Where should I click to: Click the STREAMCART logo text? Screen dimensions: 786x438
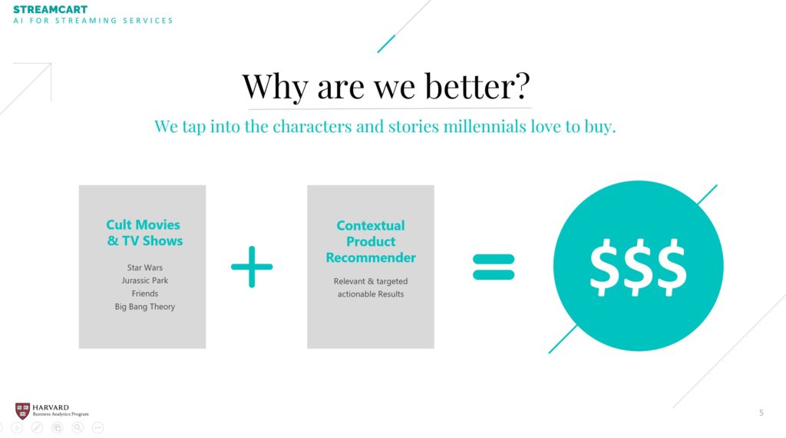(50, 9)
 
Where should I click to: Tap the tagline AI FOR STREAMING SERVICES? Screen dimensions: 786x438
(93, 21)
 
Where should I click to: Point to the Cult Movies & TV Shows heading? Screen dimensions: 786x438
(144, 233)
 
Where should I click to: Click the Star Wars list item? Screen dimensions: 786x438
(145, 267)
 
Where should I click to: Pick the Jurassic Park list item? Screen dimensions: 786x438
(145, 280)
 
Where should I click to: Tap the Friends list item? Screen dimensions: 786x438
(145, 294)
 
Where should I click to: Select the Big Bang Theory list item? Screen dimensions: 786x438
(145, 307)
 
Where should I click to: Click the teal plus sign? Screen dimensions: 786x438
(252, 267)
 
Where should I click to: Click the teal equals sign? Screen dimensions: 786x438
(494, 267)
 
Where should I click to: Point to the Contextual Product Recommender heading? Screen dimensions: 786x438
(371, 241)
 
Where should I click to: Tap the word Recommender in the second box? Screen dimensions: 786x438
(371, 257)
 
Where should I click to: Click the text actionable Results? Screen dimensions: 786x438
(371, 294)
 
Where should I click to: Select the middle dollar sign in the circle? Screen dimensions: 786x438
(638, 267)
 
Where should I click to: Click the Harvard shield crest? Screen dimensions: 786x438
(22, 411)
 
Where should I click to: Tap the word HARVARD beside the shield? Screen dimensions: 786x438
(51, 407)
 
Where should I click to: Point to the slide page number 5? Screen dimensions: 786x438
(761, 413)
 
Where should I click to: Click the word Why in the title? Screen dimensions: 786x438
(275, 87)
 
